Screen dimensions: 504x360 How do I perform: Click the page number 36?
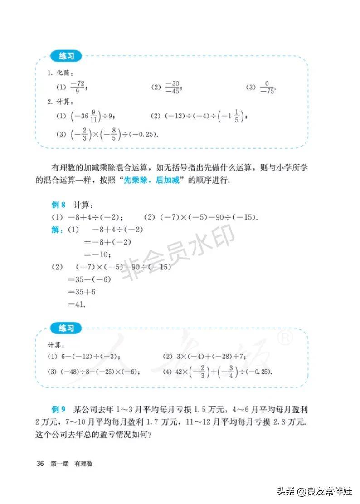click(x=40, y=464)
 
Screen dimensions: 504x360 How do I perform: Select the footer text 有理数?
click(x=84, y=464)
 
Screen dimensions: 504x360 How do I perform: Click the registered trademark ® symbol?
click(x=287, y=338)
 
